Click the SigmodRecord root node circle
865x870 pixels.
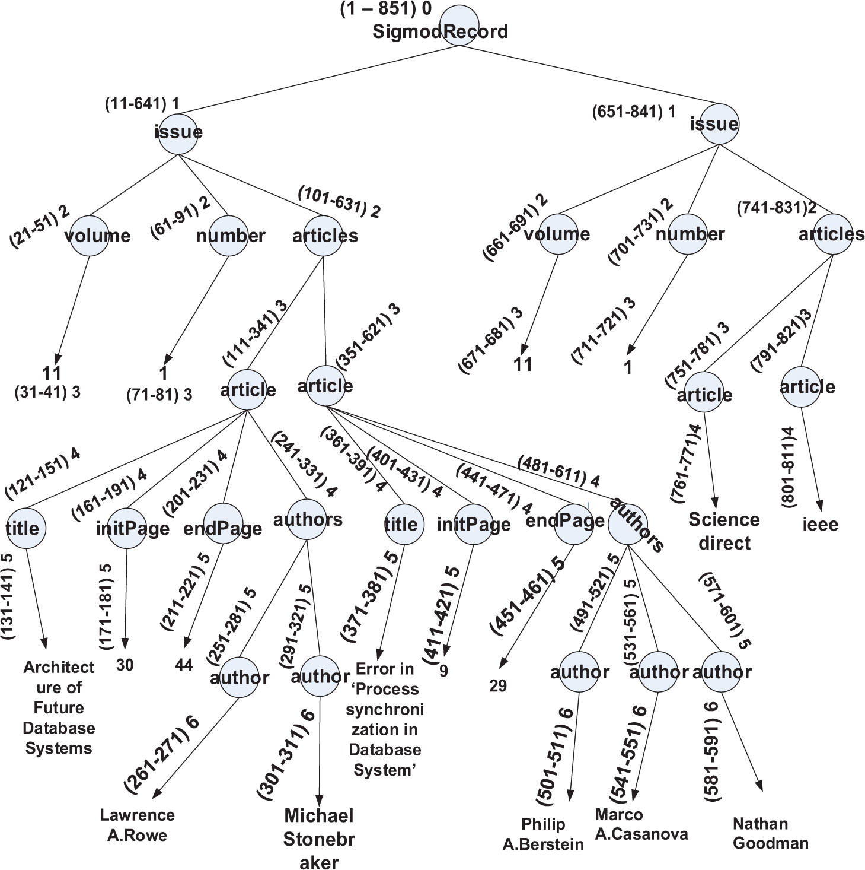[x=459, y=25]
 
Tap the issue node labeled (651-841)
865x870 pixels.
[x=719, y=124]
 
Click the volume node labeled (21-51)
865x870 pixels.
[x=89, y=236]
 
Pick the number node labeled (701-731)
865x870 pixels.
[x=688, y=234]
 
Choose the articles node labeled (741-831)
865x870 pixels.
[x=832, y=235]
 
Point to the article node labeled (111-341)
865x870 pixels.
[x=248, y=390]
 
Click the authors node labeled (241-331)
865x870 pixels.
[x=307, y=520]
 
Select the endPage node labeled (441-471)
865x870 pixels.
[x=574, y=522]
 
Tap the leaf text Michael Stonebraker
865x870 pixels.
[x=318, y=839]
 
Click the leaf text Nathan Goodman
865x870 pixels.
[x=770, y=833]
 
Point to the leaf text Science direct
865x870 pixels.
[x=724, y=531]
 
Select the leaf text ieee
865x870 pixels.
[x=820, y=525]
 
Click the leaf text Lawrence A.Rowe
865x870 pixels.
[x=137, y=825]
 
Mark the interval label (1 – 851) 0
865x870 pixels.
[x=385, y=9]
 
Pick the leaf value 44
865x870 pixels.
[x=184, y=665]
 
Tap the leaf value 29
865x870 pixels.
[x=498, y=686]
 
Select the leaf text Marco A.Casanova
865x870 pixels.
[x=641, y=825]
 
